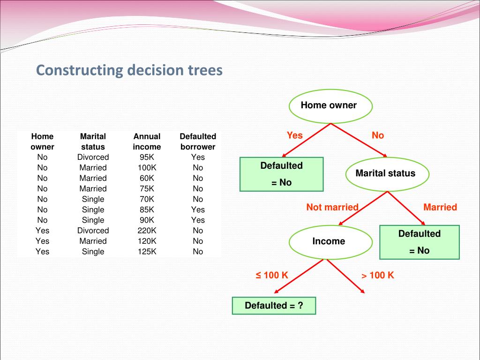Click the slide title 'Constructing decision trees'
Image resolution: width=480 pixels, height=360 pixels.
click(129, 70)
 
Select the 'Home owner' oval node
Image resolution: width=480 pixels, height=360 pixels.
click(330, 105)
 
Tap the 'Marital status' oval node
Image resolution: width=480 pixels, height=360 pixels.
click(387, 173)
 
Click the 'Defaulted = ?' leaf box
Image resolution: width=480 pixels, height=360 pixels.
click(274, 306)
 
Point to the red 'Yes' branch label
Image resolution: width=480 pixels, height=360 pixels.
click(295, 135)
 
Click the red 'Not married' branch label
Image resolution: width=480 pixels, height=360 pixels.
click(332, 207)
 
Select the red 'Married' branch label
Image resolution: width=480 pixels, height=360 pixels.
click(440, 207)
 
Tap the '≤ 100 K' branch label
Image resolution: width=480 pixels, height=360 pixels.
click(272, 275)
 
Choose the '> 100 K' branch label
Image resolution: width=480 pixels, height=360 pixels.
click(378, 275)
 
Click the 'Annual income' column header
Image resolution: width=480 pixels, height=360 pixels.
click(147, 142)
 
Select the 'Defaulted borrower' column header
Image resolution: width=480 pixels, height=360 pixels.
click(198, 142)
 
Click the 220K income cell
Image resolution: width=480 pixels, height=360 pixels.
click(147, 231)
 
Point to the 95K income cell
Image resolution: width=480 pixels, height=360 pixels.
click(147, 157)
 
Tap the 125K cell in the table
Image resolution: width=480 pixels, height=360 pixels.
click(147, 252)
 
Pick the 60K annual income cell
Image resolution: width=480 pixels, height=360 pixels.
click(147, 178)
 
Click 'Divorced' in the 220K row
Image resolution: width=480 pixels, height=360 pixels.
click(93, 231)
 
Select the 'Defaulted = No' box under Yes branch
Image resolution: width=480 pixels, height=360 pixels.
click(281, 174)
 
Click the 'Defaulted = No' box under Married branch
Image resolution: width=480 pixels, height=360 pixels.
click(420, 242)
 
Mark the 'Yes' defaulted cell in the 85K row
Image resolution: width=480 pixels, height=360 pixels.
click(198, 210)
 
